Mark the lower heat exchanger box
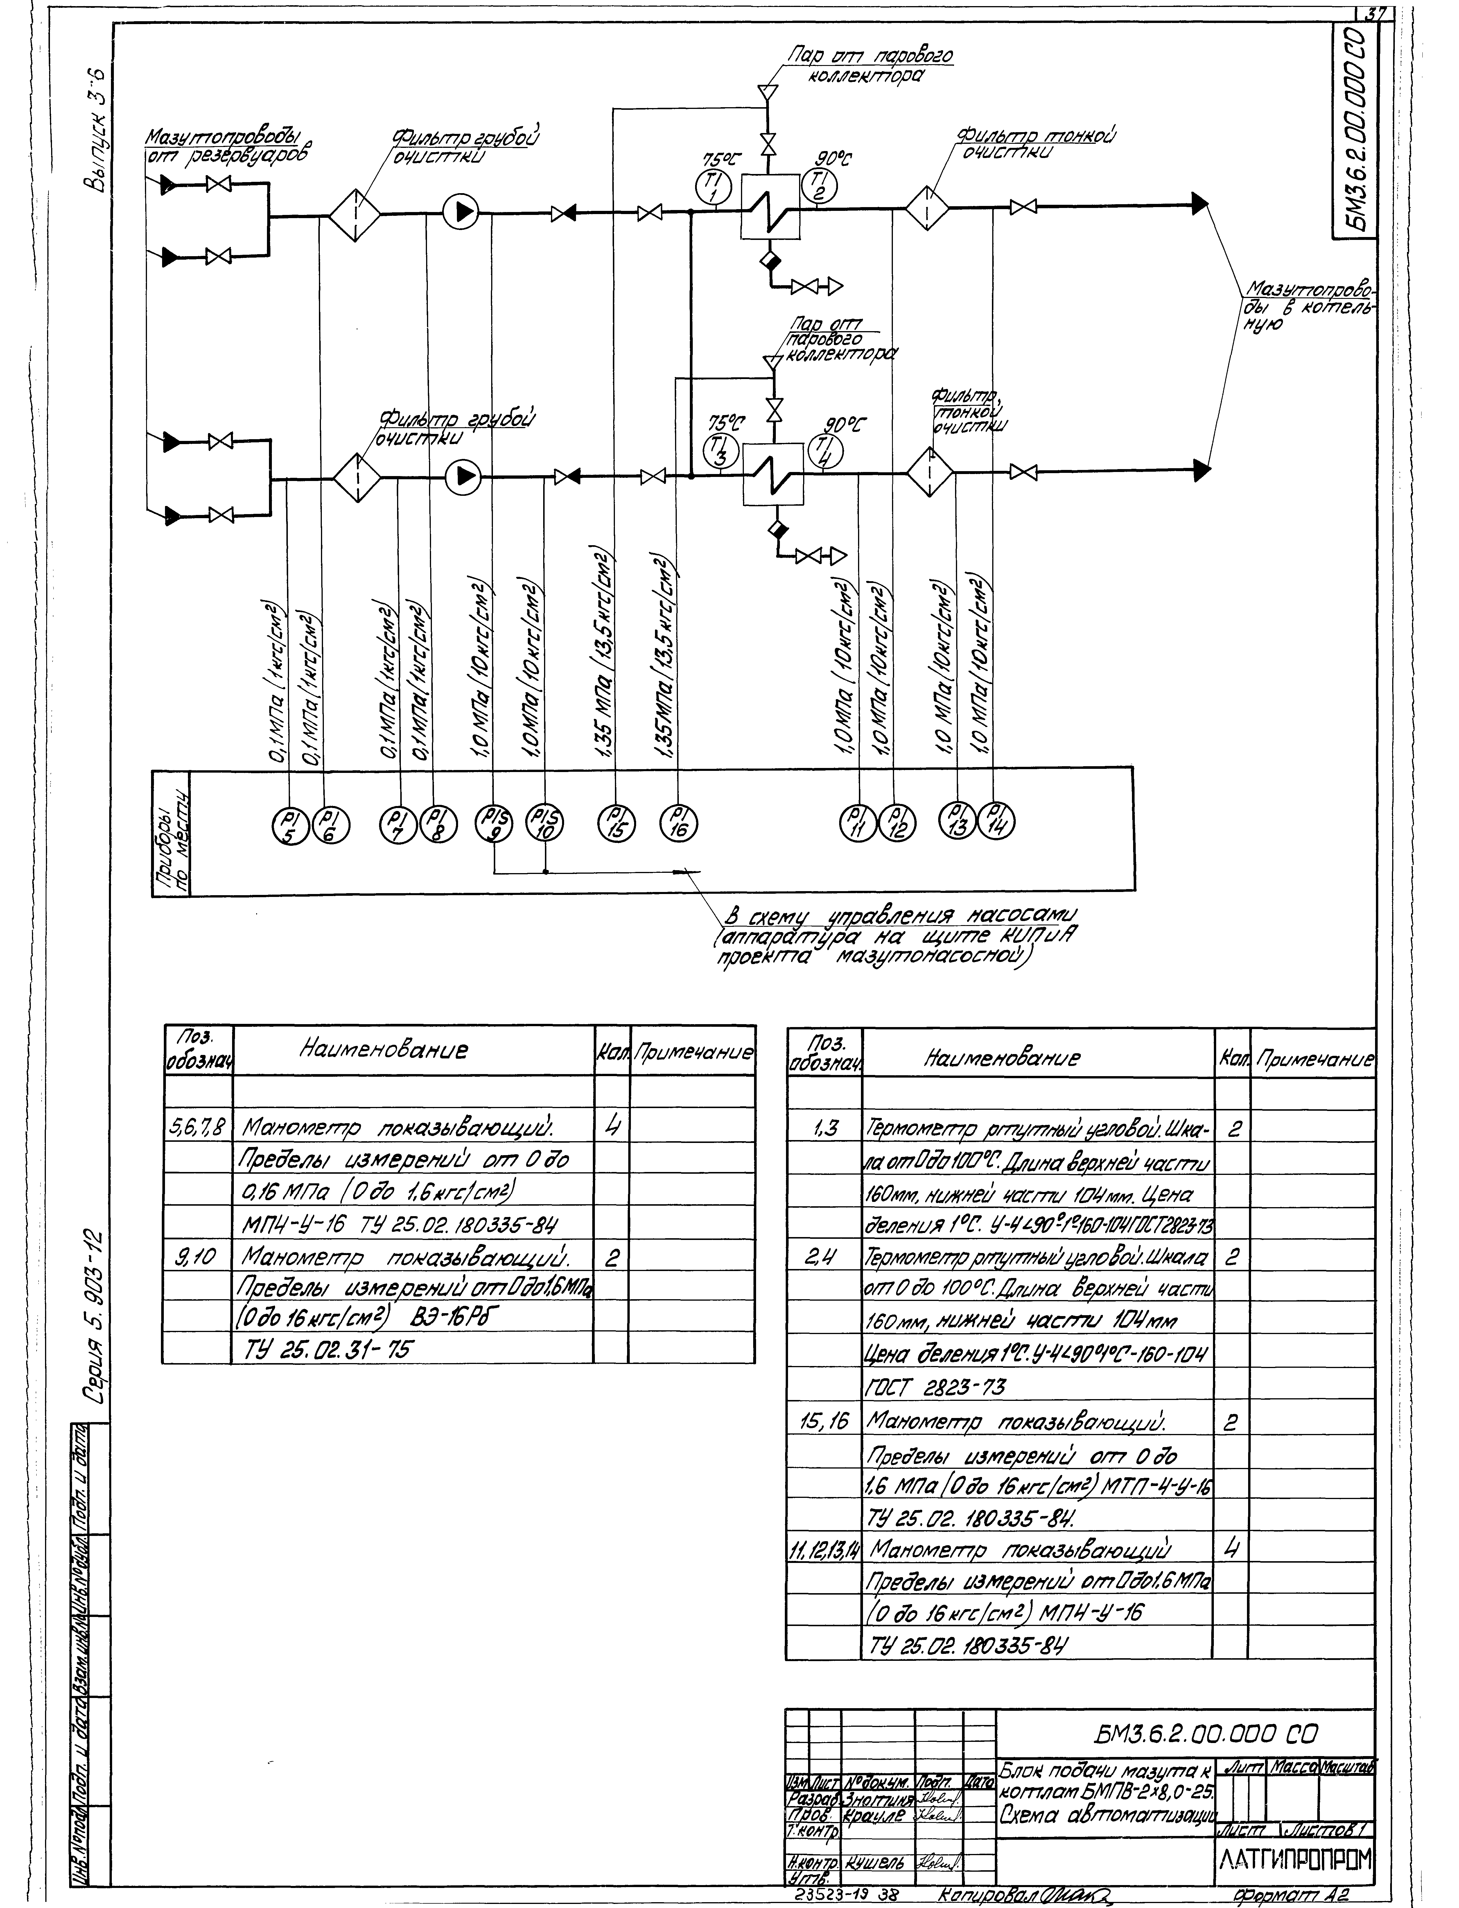coord(772,476)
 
